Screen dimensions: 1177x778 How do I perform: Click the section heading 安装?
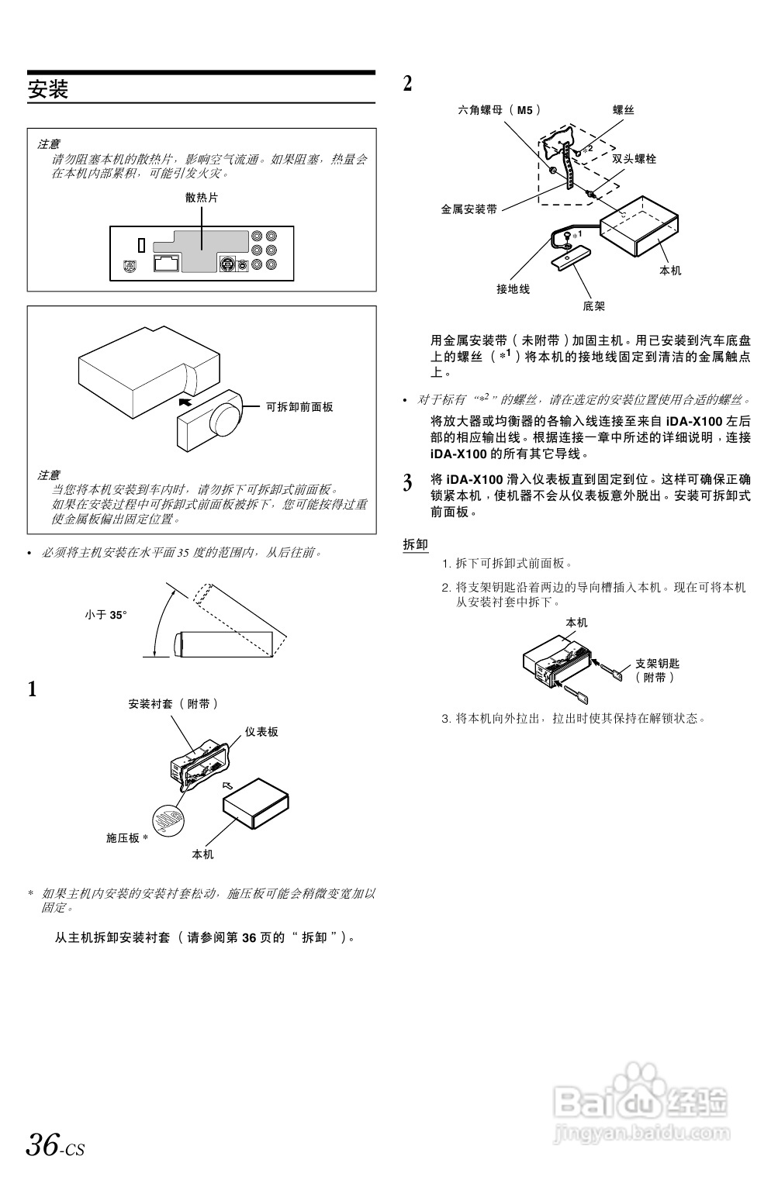click(48, 89)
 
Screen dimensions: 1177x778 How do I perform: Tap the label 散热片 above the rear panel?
click(202, 197)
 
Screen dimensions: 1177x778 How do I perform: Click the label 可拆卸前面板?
click(299, 406)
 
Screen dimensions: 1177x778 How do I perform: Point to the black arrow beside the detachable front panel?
click(185, 402)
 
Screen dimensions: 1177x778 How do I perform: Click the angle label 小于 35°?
click(105, 614)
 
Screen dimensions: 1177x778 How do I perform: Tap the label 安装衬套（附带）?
click(174, 704)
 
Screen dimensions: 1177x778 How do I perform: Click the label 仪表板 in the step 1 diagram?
click(261, 731)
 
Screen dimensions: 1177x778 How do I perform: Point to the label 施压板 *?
click(126, 838)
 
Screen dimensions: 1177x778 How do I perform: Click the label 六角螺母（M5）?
click(500, 110)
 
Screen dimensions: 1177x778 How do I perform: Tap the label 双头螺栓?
click(634, 158)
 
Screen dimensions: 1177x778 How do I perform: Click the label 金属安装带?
click(469, 209)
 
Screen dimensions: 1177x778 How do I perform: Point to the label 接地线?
click(513, 289)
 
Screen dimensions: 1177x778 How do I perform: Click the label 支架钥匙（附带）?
click(657, 670)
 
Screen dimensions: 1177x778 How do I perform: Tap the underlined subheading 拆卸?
click(415, 544)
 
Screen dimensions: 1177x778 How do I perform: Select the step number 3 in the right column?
click(407, 484)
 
